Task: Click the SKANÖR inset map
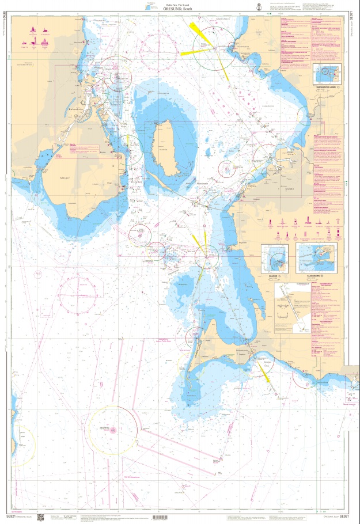276,257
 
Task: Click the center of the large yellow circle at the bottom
113,429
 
